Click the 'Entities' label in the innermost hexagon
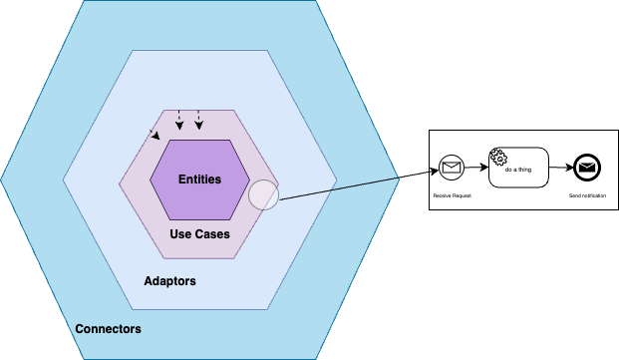(x=199, y=179)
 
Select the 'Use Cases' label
(x=199, y=234)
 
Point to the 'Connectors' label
(x=108, y=329)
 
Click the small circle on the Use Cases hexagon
(x=263, y=194)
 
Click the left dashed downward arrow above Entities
(x=178, y=120)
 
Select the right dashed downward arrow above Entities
(x=198, y=120)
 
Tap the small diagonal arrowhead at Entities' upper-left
(x=154, y=133)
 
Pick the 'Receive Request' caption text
(x=452, y=195)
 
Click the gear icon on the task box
(x=498, y=157)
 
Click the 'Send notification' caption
(x=587, y=195)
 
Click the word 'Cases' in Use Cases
(x=213, y=234)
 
